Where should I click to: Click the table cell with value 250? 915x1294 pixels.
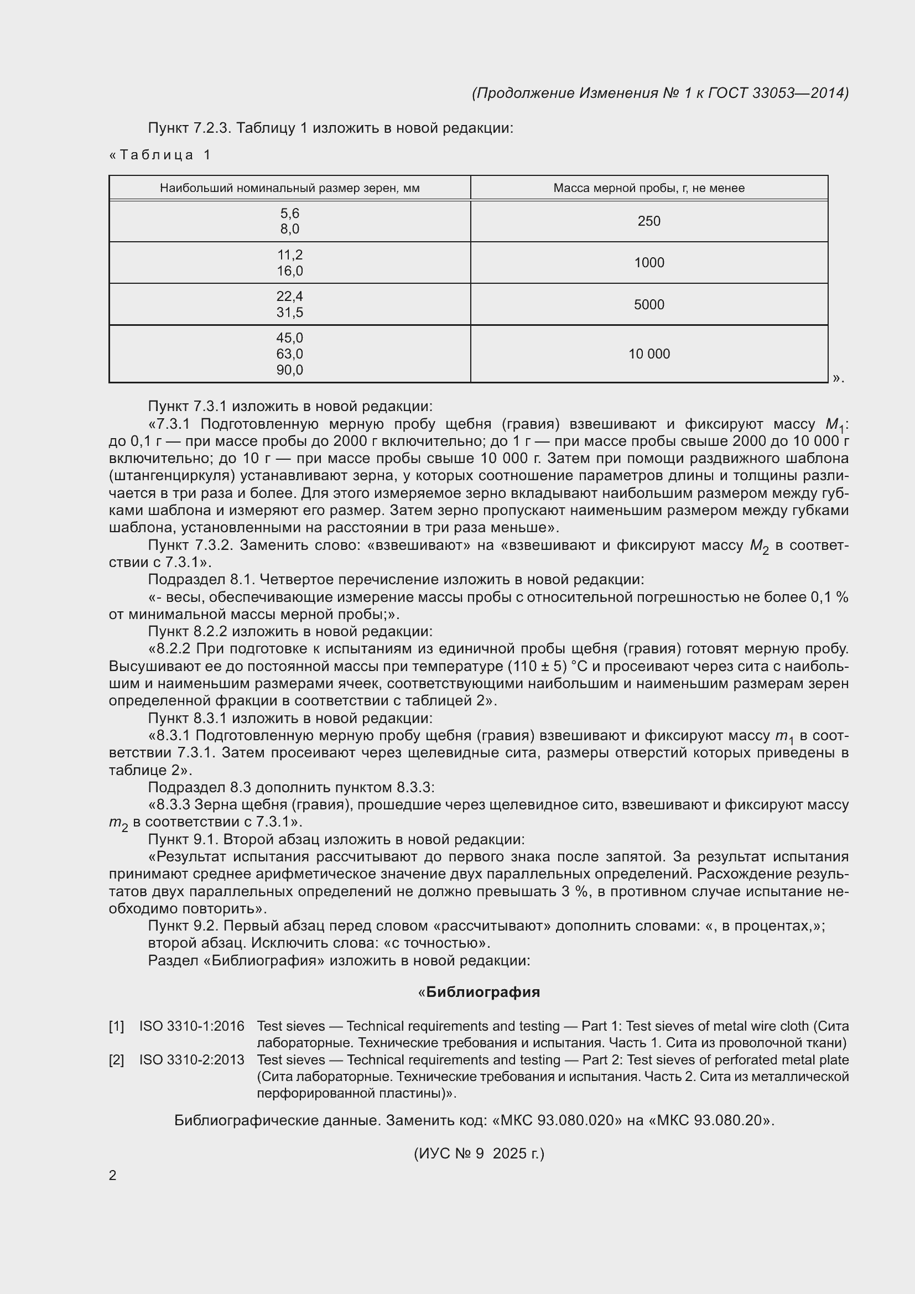pos(648,221)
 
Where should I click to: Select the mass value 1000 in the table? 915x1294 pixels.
pos(648,263)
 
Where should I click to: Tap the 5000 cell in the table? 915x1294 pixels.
pos(648,304)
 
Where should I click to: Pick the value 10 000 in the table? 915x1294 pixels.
pos(648,354)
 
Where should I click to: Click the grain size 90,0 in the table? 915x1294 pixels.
pos(289,370)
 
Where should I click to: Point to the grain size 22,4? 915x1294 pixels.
pos(289,297)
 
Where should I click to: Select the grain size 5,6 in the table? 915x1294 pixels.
pos(289,213)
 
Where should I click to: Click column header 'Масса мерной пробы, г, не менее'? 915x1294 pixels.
pos(648,188)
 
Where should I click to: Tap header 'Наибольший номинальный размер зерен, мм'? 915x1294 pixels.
pos(289,188)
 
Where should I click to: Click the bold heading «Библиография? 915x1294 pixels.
pos(479,992)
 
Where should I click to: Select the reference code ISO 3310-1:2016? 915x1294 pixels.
pos(191,1026)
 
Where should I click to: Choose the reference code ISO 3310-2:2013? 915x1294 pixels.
pos(191,1059)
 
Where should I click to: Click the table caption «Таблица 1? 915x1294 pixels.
pos(160,155)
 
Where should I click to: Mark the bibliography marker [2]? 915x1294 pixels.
pos(116,1059)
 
